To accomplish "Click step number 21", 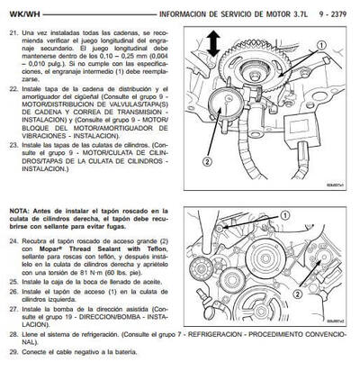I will [x=11, y=32].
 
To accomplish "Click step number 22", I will [x=11, y=89].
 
